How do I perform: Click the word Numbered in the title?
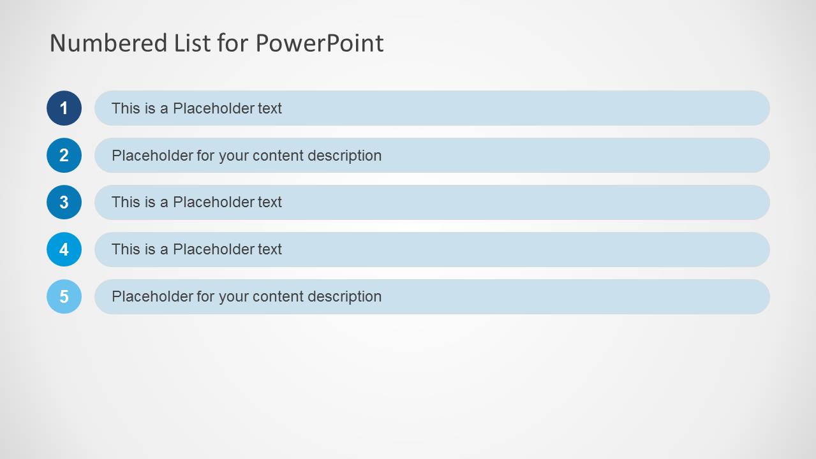(x=108, y=43)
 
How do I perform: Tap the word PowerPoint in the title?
(x=320, y=43)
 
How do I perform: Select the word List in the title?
(x=192, y=43)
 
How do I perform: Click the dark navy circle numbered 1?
(x=64, y=108)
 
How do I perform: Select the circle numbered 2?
(x=64, y=156)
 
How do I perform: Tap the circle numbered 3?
(x=64, y=202)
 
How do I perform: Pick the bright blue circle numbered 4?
(x=64, y=249)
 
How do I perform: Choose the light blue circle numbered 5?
(x=64, y=296)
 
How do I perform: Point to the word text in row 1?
(x=270, y=108)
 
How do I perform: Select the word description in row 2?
(x=345, y=156)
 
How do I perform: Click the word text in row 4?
(x=270, y=249)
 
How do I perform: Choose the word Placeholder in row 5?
(x=152, y=296)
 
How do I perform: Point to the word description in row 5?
(x=345, y=296)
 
